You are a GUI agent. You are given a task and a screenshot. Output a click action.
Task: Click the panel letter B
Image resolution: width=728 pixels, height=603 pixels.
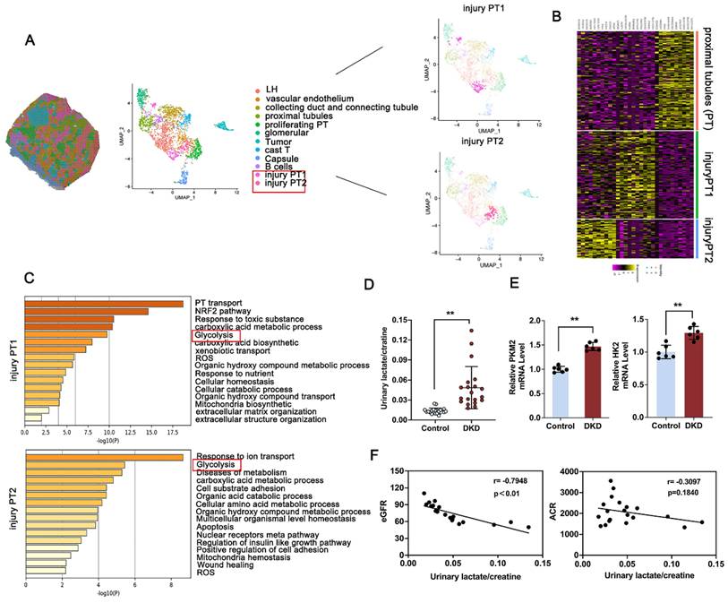point(557,16)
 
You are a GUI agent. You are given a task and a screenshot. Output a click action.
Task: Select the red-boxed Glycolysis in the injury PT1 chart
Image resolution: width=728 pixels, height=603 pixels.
point(216,336)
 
